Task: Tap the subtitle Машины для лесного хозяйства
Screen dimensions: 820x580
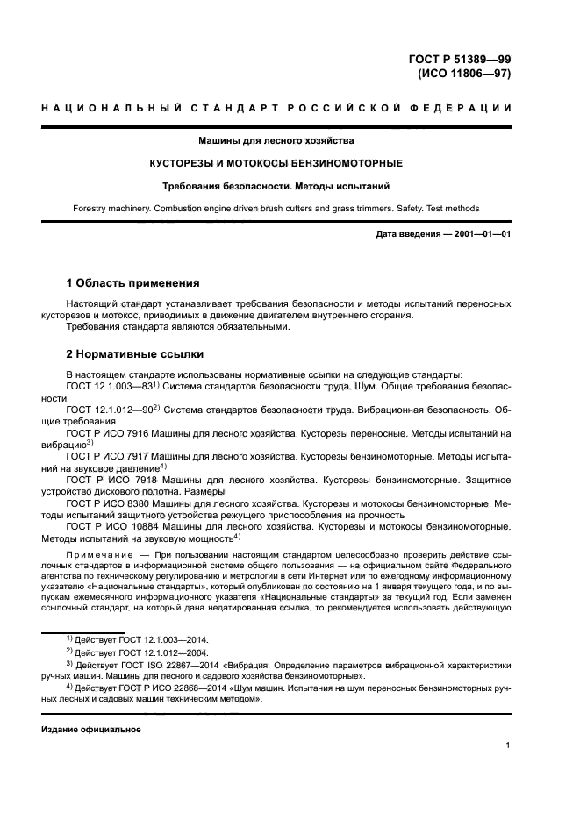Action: (290, 140)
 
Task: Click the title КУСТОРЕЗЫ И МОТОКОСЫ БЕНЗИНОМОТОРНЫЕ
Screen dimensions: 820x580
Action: (290, 163)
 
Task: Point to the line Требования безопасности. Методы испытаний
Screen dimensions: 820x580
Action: (290, 186)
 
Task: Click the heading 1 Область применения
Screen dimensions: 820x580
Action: (133, 283)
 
